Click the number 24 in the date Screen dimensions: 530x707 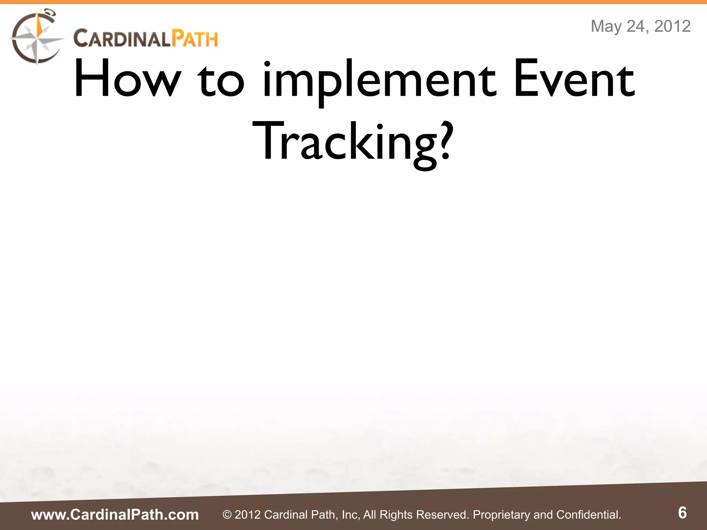[x=637, y=26]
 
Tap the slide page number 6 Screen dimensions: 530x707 [x=682, y=513]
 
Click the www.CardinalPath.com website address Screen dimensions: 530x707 [x=115, y=514]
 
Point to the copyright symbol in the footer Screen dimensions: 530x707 [x=227, y=515]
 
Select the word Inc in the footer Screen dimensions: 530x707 [x=350, y=514]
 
